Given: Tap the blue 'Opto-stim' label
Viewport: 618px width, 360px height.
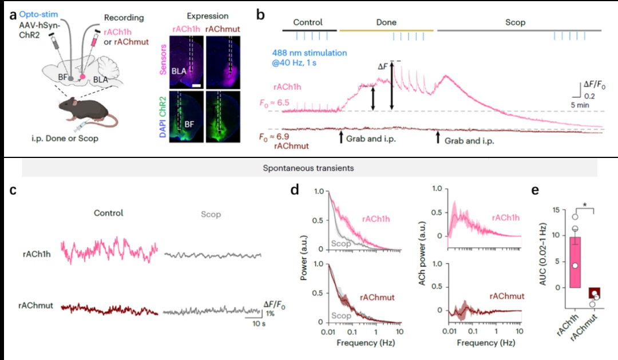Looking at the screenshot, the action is tap(39, 14).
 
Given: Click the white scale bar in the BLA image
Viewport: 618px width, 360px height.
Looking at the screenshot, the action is tap(197, 85).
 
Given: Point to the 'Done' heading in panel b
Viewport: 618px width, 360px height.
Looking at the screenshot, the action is tap(386, 22).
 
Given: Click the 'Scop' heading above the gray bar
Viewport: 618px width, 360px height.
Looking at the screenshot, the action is tap(515, 22).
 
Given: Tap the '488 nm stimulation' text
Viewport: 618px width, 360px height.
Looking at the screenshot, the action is tap(310, 53).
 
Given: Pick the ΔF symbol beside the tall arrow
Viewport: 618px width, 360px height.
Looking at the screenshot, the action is tap(383, 66).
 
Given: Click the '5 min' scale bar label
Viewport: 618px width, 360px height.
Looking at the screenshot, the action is tap(580, 105).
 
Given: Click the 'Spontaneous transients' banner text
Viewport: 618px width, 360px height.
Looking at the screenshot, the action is tap(308, 168).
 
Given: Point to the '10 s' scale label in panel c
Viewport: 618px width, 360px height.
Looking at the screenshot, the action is tap(259, 324).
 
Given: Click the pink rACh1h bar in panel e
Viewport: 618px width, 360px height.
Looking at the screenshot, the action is tap(575, 262).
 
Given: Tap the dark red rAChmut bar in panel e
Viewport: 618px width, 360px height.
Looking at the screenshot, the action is tap(594, 293).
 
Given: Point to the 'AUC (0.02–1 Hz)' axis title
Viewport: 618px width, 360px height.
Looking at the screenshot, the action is tap(542, 254).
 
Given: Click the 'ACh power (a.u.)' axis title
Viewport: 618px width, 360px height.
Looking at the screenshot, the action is tap(422, 254).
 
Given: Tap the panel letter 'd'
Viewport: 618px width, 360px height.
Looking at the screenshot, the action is tap(295, 190).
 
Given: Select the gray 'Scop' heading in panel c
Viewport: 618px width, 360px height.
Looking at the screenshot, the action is tap(211, 215).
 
